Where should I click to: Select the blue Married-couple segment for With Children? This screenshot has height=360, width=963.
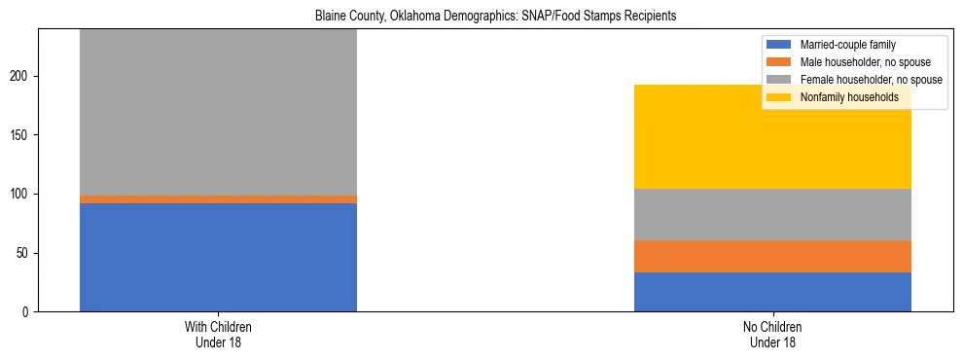tap(218, 257)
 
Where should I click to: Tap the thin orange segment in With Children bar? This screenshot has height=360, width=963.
tap(218, 199)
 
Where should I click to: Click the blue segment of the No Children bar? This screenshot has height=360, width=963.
tap(772, 292)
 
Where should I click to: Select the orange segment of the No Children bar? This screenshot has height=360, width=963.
tap(772, 256)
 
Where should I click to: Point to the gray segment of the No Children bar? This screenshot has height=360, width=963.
tap(772, 214)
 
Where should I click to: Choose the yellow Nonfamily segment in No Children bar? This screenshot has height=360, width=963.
tap(772, 136)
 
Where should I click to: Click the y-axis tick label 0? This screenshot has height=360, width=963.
tap(27, 312)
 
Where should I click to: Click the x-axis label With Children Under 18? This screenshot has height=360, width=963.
tap(218, 335)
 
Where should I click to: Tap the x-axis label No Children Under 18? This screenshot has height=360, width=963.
tap(772, 335)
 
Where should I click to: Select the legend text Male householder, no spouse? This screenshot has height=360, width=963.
tap(856, 62)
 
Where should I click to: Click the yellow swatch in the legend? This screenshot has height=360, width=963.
tap(779, 97)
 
